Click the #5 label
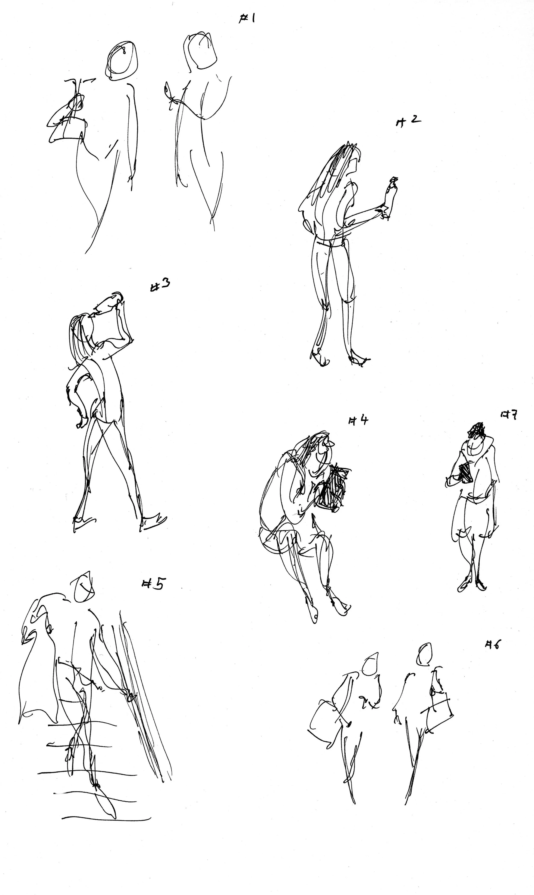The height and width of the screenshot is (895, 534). click(153, 584)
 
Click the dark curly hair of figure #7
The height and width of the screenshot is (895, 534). click(478, 429)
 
